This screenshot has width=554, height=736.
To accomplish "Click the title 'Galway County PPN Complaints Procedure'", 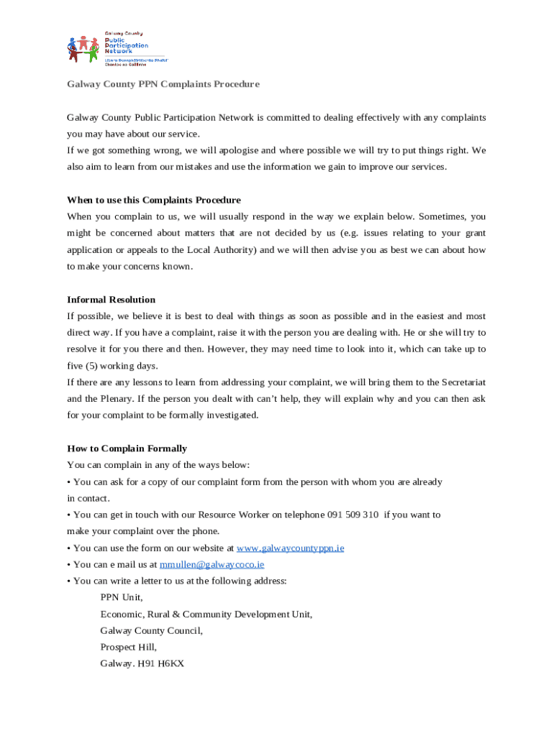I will [x=163, y=84].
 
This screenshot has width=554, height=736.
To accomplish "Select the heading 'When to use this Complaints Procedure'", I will [x=153, y=200].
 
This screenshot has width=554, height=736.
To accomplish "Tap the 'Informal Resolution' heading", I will [x=111, y=300].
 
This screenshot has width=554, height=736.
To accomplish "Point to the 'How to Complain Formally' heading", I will [x=127, y=448].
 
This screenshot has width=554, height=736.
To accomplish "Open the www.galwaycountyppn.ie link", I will [x=290, y=548].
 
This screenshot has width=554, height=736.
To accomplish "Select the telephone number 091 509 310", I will [x=353, y=515].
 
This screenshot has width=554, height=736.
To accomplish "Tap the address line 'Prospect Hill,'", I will [x=128, y=648].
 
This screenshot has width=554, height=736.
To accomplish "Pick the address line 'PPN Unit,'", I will [x=122, y=597].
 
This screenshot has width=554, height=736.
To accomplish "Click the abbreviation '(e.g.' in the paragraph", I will [x=346, y=233].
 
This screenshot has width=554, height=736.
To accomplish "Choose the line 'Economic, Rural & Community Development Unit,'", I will [x=206, y=615].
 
